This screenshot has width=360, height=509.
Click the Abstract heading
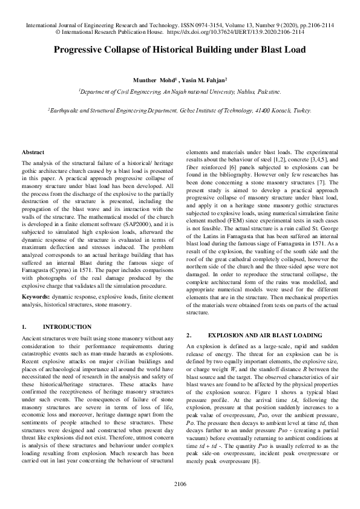[32, 152]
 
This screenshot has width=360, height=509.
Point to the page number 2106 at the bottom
[180, 484]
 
